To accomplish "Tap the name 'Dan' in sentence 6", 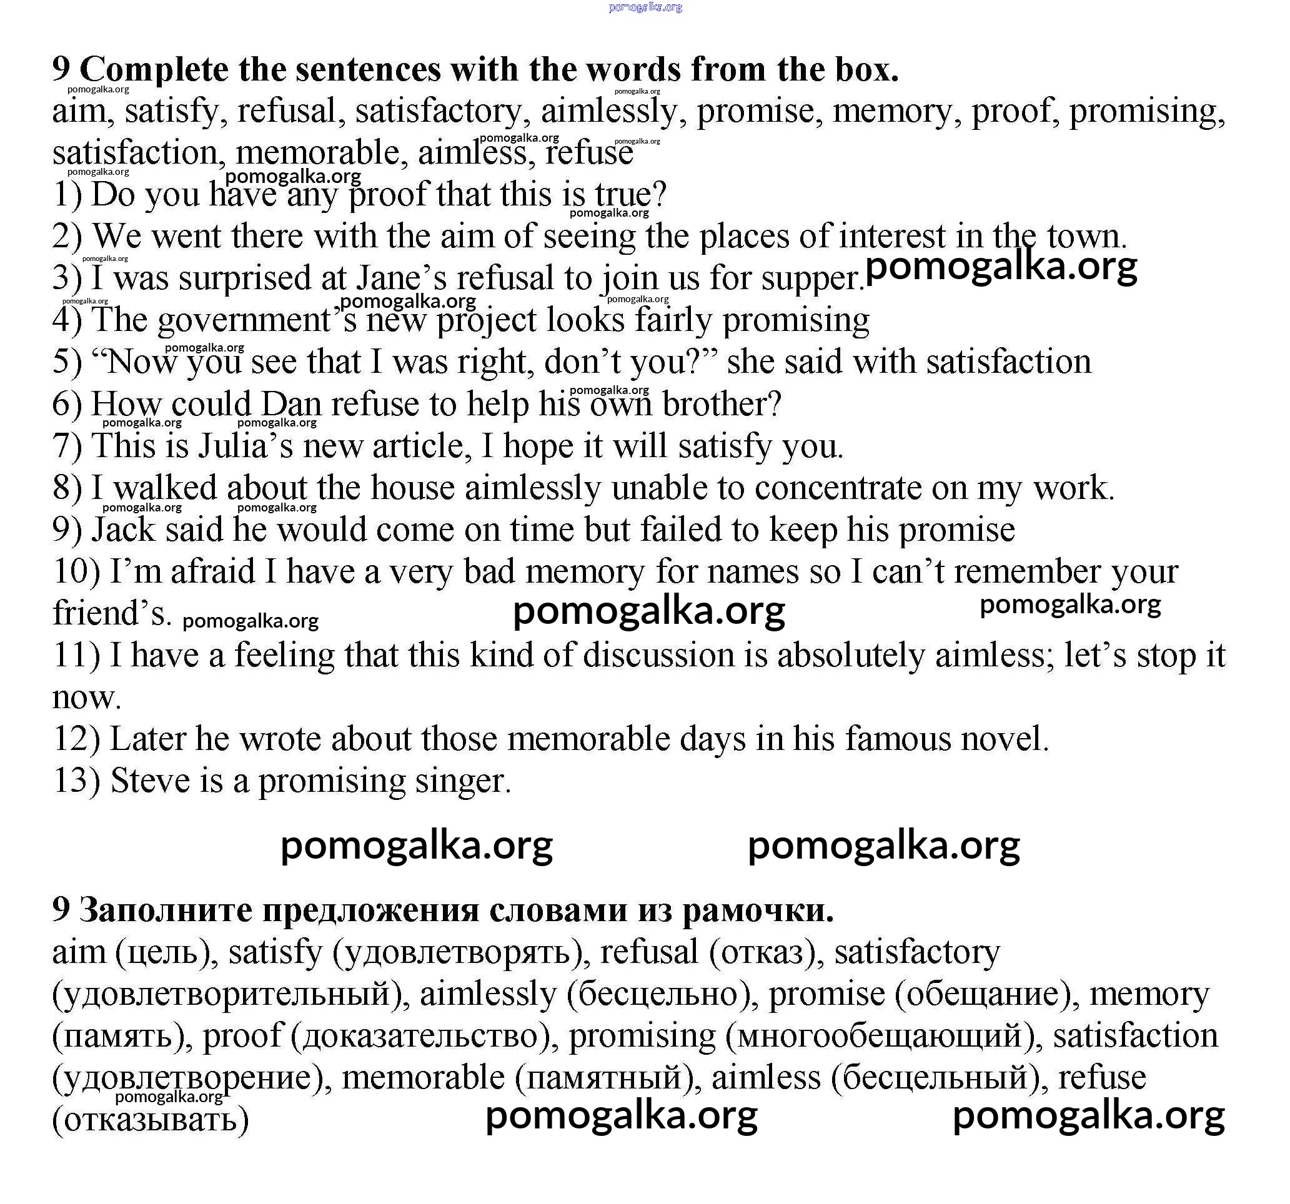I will [x=290, y=404].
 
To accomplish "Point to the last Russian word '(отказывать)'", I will [x=151, y=1120].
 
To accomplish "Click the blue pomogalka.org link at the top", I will [x=645, y=7].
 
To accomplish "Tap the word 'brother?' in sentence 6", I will [x=721, y=404].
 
